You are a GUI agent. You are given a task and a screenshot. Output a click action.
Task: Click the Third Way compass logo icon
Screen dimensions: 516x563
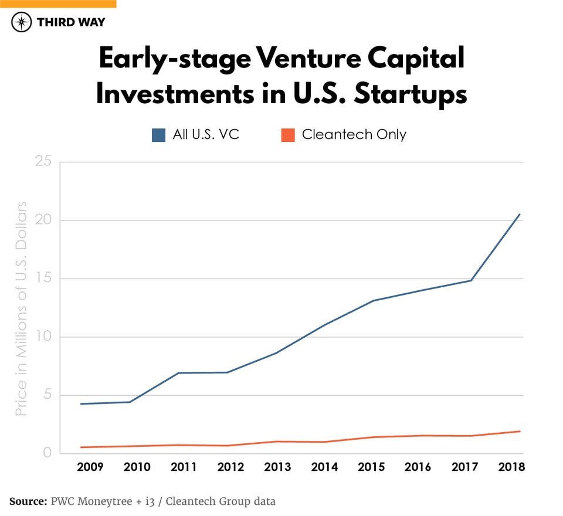[22, 22]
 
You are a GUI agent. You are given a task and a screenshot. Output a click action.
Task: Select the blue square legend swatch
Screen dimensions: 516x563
[158, 135]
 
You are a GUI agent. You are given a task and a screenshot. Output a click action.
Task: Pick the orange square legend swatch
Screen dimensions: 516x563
[287, 135]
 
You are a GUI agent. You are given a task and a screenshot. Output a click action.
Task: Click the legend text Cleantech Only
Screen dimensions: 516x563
[354, 135]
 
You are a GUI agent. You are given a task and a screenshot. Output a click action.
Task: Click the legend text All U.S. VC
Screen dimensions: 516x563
[206, 135]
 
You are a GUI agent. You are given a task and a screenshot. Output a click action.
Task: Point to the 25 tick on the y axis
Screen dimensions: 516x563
[44, 162]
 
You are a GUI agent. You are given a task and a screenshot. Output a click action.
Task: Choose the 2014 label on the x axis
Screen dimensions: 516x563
[324, 467]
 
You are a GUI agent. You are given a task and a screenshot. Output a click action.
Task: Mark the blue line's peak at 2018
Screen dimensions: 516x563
[520, 215]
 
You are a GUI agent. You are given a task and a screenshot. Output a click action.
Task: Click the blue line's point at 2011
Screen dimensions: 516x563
[179, 373]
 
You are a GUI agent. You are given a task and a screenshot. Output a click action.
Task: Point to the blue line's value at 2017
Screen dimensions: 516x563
[471, 280]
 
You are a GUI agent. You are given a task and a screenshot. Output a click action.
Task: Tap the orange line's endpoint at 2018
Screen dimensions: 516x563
[520, 432]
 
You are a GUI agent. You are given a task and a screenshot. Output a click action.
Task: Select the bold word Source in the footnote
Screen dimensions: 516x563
[28, 501]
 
